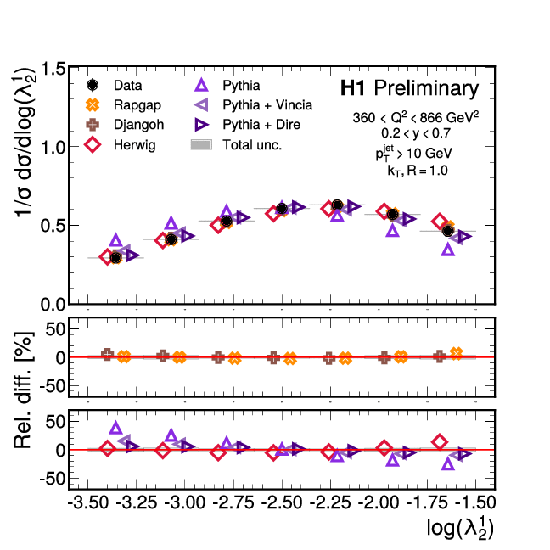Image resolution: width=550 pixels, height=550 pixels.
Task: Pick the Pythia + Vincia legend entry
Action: [255, 105]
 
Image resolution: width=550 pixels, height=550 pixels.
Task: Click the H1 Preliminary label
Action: [409, 88]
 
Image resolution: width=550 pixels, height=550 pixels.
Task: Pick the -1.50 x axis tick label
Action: [471, 502]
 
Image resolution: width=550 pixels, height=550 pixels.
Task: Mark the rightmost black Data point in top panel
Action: [448, 231]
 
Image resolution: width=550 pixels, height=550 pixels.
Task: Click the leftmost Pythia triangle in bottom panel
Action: [116, 428]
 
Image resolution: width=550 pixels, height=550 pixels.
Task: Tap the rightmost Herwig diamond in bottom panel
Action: [440, 441]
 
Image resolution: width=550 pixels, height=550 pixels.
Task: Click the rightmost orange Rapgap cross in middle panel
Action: [457, 354]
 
